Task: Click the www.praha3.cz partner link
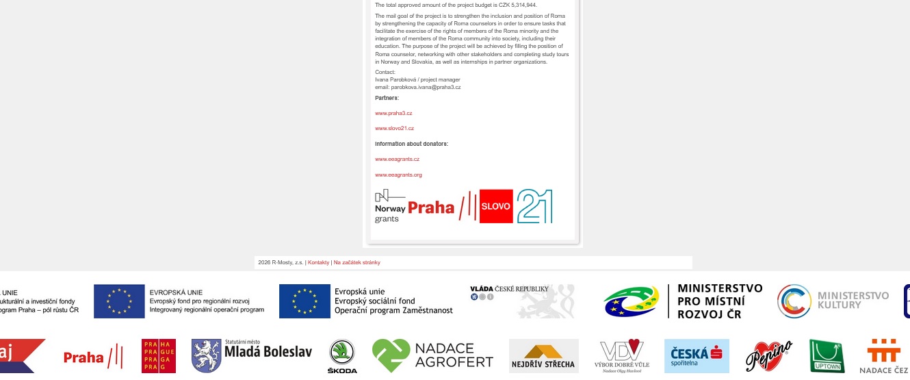coord(393,113)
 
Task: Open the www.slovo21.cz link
coord(394,128)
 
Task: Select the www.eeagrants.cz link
coord(397,159)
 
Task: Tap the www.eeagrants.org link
coord(398,175)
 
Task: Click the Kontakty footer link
coord(318,262)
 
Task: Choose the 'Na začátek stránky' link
coord(356,262)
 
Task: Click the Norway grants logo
coord(389,206)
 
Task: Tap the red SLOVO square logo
coord(496,206)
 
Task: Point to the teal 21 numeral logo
coord(534,206)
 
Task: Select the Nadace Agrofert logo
coord(433,355)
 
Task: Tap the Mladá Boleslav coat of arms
coord(205,355)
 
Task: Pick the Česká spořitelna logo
coord(697,355)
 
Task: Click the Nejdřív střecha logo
coord(543,356)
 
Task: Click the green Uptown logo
coord(827,356)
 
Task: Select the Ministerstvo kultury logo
coord(833,301)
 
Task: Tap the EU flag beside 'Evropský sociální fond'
coord(304,301)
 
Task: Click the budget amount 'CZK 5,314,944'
coord(511,5)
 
